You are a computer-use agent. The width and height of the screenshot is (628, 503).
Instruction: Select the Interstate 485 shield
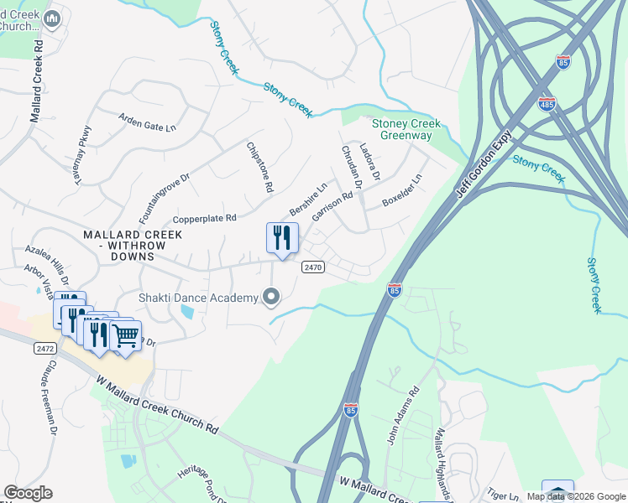click(x=546, y=104)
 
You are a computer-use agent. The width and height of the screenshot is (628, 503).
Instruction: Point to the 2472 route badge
click(x=44, y=347)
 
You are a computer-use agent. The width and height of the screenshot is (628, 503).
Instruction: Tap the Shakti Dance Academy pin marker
click(x=270, y=298)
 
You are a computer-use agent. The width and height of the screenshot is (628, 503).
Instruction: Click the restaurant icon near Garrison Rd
click(x=282, y=237)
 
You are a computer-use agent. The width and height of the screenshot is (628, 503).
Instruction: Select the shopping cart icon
click(x=125, y=337)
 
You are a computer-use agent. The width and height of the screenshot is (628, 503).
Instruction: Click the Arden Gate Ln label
click(x=148, y=122)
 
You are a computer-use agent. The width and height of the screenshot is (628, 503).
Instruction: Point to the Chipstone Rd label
click(x=259, y=168)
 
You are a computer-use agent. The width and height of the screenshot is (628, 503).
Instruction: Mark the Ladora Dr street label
click(x=369, y=162)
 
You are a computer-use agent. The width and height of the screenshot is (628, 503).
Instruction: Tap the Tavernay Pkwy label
click(x=82, y=154)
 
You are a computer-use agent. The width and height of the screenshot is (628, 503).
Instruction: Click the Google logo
click(x=28, y=493)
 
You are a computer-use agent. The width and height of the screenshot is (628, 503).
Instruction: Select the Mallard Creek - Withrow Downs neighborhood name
click(x=132, y=245)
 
